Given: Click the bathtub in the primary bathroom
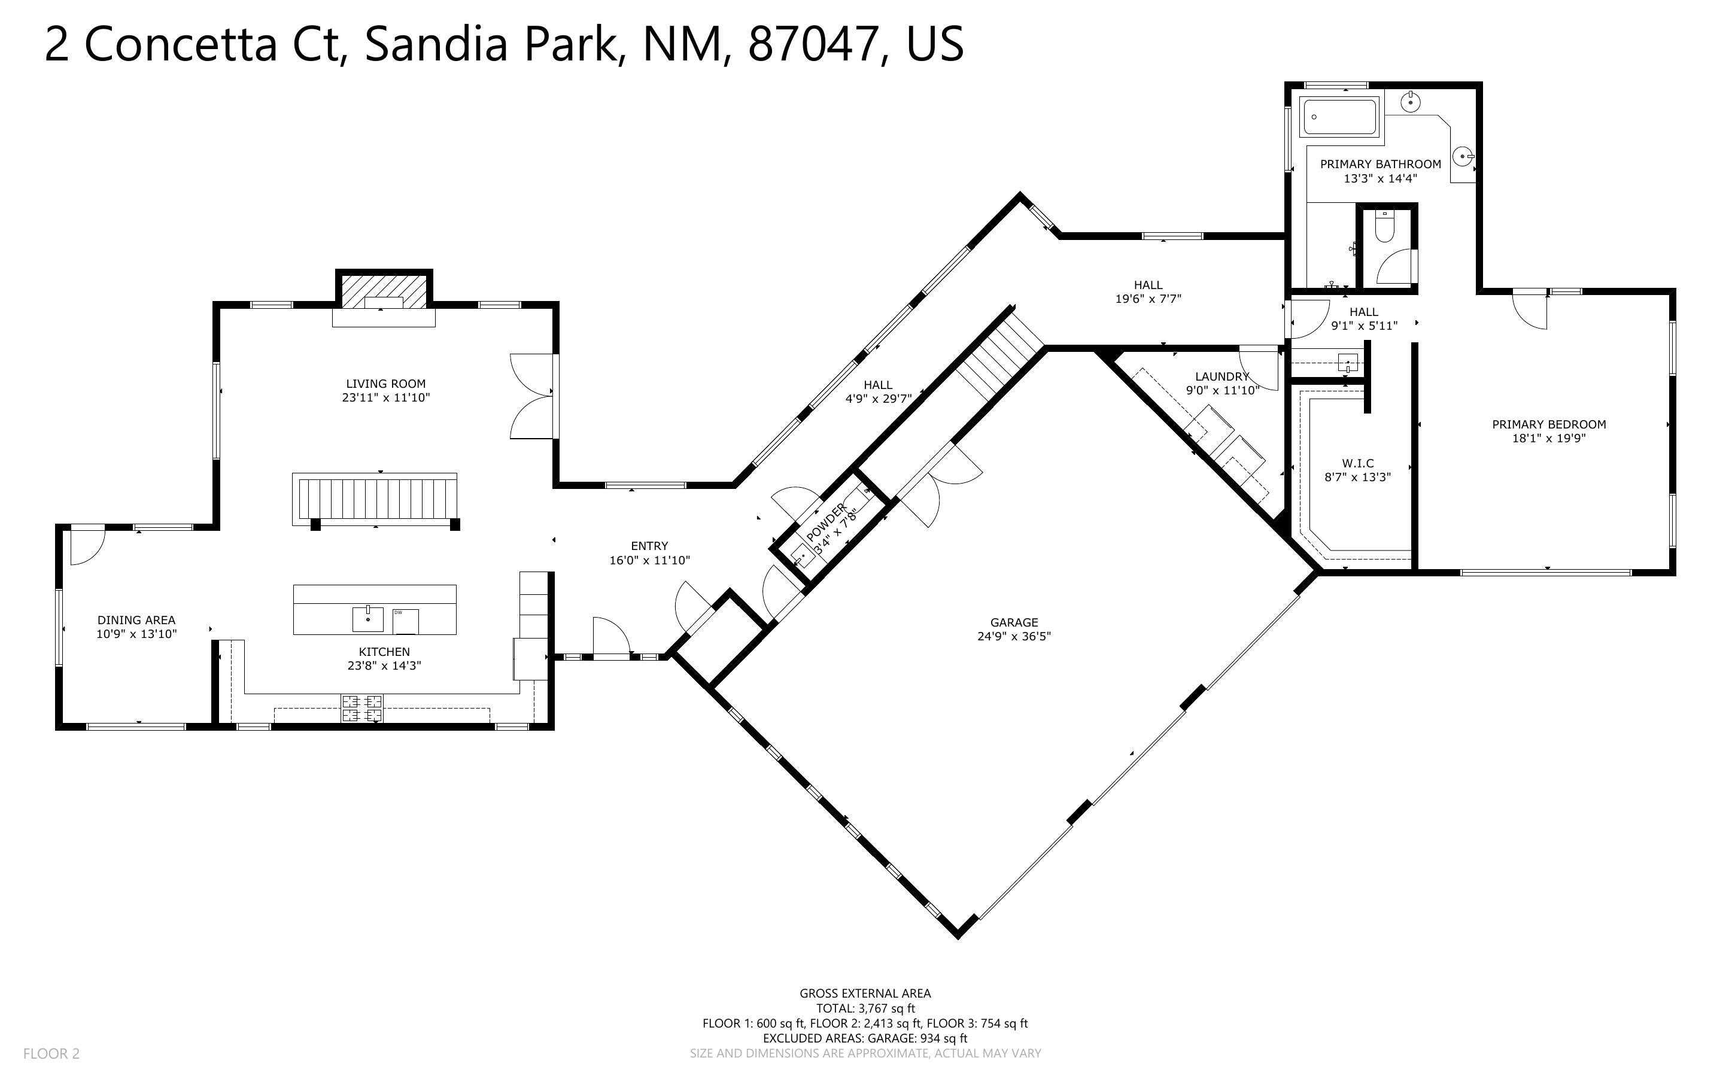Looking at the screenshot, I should (x=1339, y=117).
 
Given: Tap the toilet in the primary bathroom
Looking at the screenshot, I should (x=1385, y=227).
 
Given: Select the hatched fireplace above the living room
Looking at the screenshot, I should (x=384, y=291).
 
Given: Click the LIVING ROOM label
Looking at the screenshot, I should (x=385, y=384).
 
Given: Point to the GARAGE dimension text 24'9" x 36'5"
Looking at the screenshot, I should (x=1014, y=636).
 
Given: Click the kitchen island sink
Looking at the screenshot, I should (x=367, y=619).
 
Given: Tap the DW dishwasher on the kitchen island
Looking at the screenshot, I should (x=406, y=621).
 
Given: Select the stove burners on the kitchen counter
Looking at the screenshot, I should (x=362, y=709).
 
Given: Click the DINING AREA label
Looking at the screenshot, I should (x=136, y=620).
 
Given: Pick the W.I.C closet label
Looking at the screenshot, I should (x=1357, y=463).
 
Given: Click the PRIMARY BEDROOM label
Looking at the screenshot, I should (x=1549, y=424).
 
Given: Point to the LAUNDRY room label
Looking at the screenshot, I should (x=1222, y=376).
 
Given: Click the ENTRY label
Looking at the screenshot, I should (x=649, y=546).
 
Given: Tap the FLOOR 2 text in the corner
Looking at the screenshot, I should (x=51, y=1053).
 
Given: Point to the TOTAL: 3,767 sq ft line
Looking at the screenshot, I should (x=865, y=1008).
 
